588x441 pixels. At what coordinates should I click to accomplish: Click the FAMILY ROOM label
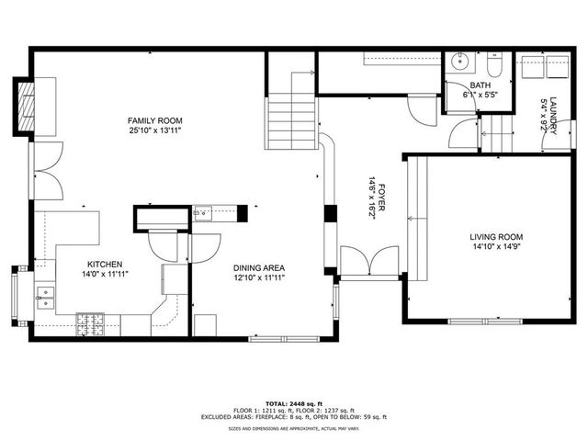pyautogui.click(x=154, y=120)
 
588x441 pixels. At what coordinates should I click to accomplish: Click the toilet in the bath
pyautogui.click(x=493, y=67)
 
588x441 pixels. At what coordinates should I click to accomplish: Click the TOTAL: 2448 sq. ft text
pyautogui.click(x=294, y=403)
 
